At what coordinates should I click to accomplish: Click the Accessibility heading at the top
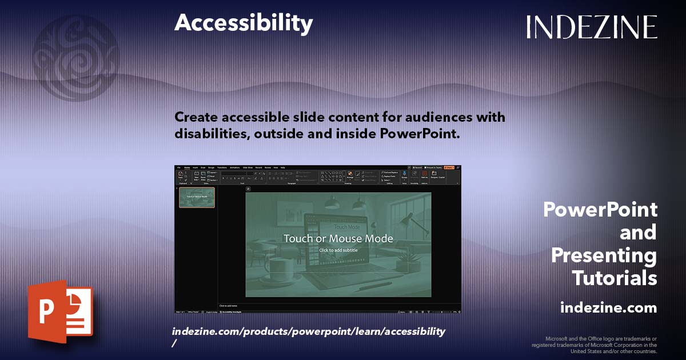[244, 23]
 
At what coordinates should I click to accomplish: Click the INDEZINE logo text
[592, 27]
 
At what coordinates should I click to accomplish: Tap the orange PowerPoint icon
[60, 311]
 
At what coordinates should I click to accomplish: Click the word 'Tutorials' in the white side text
[614, 278]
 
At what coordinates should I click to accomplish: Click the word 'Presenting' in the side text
[604, 255]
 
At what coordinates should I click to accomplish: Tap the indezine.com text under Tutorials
[608, 307]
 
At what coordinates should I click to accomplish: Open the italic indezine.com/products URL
[308, 331]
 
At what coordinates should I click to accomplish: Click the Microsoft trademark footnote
[595, 345]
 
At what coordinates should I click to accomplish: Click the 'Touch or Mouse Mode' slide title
[338, 238]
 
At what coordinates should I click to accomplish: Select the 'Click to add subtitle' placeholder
[338, 250]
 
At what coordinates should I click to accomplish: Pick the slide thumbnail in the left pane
[197, 197]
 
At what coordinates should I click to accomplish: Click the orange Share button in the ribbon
[449, 167]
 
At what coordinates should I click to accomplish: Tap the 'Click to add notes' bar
[228, 306]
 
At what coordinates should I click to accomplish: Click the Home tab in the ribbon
[186, 167]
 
